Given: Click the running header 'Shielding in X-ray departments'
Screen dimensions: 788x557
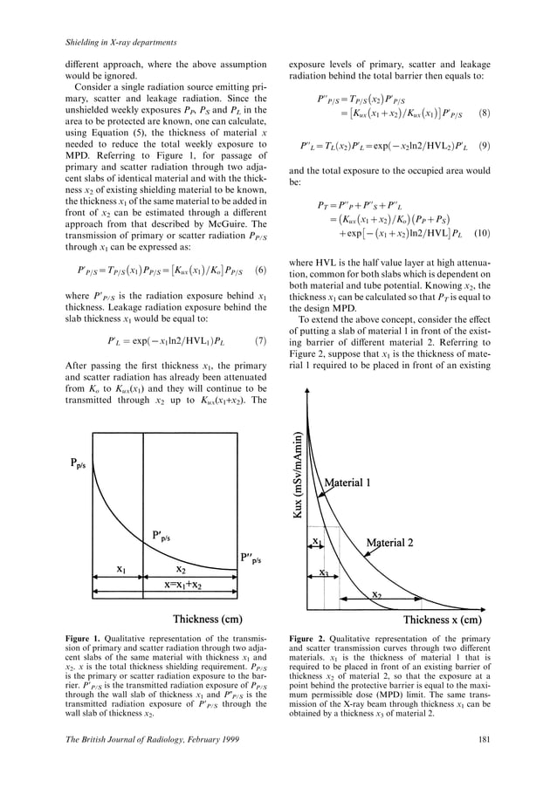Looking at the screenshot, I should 122,43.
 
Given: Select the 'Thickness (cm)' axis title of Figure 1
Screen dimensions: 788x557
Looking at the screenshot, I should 207,620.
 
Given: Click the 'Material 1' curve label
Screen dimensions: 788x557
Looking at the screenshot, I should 354,483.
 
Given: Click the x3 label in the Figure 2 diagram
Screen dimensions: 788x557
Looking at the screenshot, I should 323,572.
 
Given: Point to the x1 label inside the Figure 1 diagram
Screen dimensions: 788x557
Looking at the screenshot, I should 125,568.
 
